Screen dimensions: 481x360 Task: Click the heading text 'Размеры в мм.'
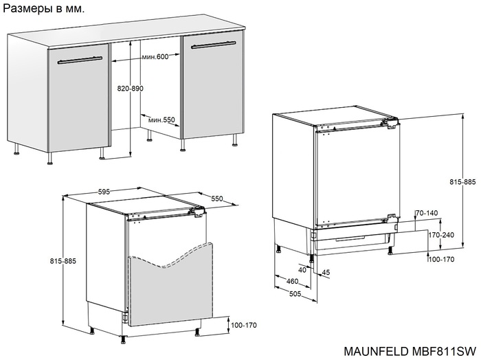[x=43, y=8]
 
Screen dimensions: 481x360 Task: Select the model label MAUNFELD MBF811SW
[x=410, y=351]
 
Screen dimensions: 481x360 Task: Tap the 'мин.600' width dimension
[x=155, y=57]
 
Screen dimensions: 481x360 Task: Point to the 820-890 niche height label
[x=131, y=89]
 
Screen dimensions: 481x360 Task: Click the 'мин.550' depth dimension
[x=161, y=120]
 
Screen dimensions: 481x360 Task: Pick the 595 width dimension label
[x=104, y=192]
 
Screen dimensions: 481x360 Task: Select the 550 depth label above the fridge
[x=216, y=199]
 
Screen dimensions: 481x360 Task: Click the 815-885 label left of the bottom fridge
[x=63, y=261]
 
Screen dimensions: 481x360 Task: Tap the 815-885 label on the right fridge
[x=462, y=182]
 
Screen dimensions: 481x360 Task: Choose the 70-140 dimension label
[x=427, y=213]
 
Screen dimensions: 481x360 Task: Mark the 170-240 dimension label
[x=441, y=235]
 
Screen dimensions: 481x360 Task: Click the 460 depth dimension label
[x=292, y=281]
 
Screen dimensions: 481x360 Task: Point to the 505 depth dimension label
[x=295, y=294]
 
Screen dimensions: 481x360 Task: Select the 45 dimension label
[x=326, y=272]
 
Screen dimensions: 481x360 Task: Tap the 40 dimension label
[x=302, y=270]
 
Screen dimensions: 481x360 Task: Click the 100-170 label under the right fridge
[x=441, y=260]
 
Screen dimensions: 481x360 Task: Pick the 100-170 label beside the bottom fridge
[x=243, y=325]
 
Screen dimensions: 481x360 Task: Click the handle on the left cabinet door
[x=80, y=60]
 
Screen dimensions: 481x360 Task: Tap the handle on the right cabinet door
[x=213, y=45]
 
